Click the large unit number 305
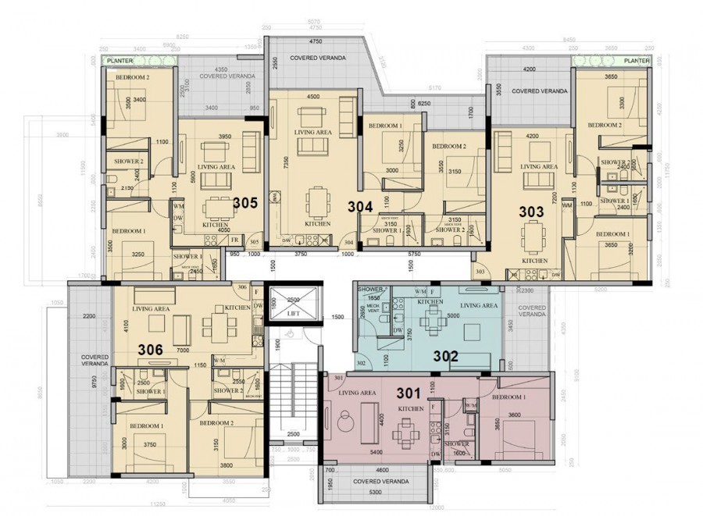tap(244, 202)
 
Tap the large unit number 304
tap(361, 208)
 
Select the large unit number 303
tap(532, 212)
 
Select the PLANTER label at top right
tap(637, 60)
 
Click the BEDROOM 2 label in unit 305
tap(133, 77)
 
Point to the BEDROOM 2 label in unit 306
tap(216, 422)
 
